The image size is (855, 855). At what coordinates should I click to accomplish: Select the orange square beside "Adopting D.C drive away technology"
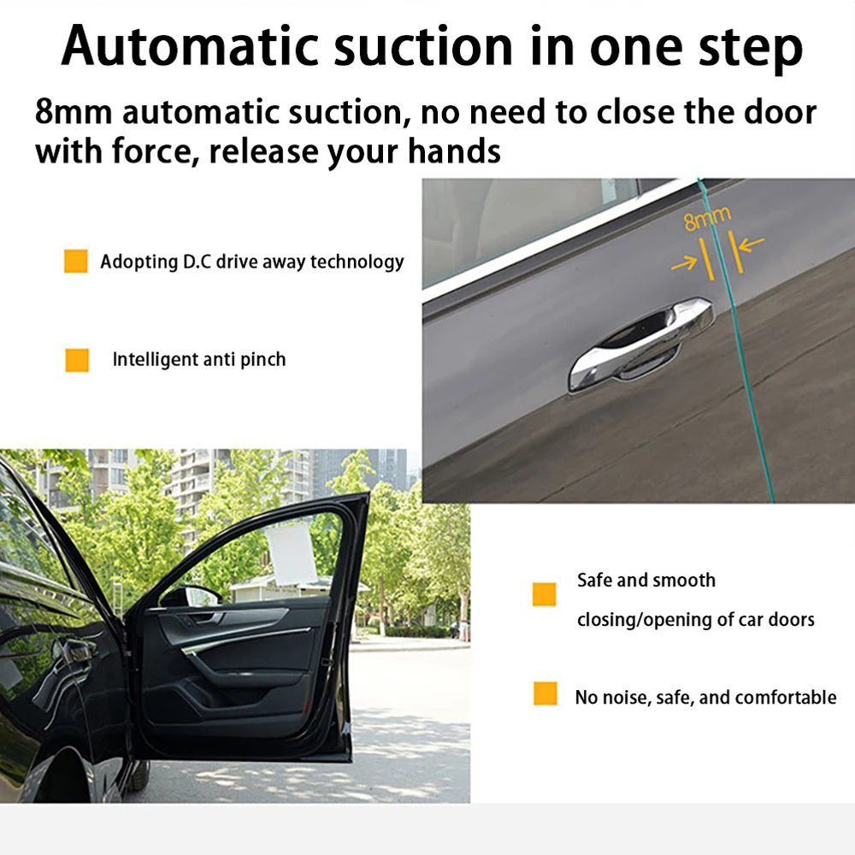coord(76,262)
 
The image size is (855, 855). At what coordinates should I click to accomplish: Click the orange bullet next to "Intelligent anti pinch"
coord(77,360)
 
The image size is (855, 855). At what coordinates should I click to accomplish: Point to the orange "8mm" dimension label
coord(708,221)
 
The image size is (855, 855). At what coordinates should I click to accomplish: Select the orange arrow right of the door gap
coord(751,245)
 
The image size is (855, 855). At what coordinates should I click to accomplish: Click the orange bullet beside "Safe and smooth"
coord(545,594)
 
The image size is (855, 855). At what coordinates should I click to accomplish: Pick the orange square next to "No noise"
coord(545,693)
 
